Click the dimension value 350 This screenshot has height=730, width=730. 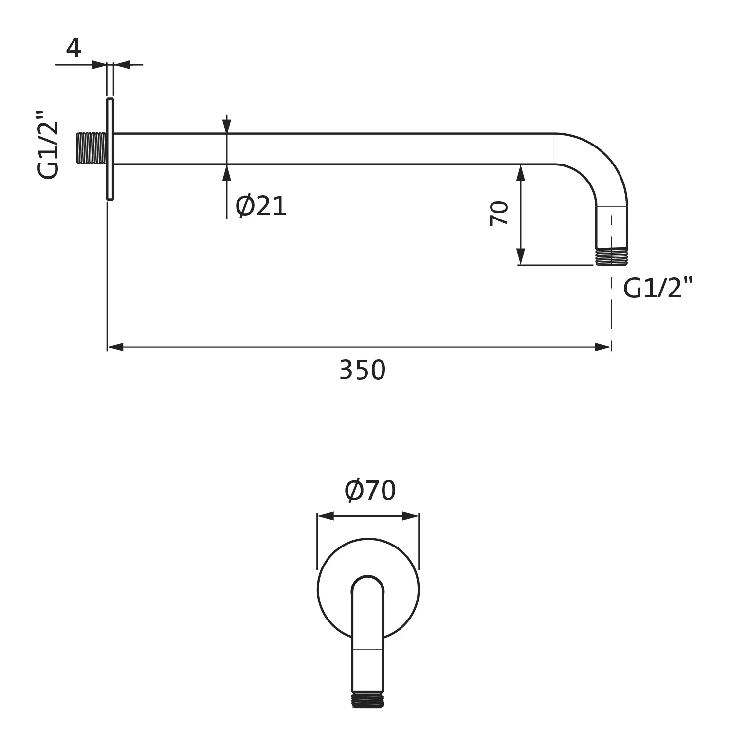pos(362,370)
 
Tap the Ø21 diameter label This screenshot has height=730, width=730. pos(261,206)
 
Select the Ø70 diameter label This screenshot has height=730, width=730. pos(370,491)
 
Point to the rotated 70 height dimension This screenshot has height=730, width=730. pos(499,214)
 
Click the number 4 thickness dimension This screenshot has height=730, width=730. pos(73,48)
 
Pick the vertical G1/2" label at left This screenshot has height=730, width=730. pos(49,145)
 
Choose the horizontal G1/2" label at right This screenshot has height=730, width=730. pos(657,289)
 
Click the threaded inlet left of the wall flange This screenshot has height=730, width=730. pos(91,148)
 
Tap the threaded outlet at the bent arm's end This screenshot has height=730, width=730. pos(612,256)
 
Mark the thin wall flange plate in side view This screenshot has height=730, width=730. pos(110,148)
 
